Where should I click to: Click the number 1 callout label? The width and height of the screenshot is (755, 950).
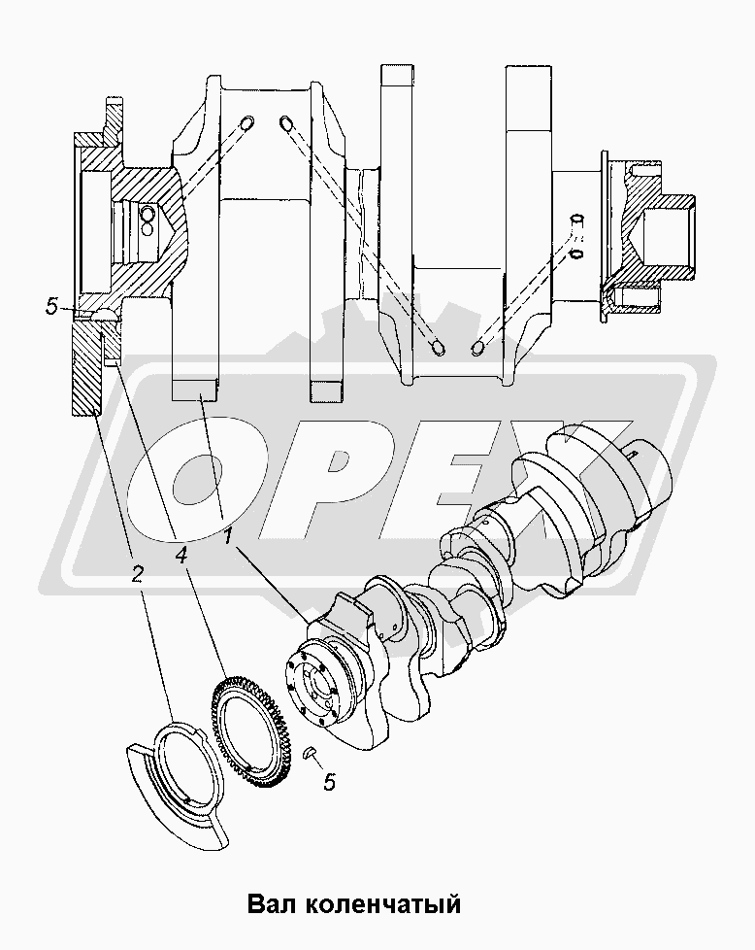coord(228,535)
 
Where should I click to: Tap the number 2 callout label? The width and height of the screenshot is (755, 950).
coord(137,573)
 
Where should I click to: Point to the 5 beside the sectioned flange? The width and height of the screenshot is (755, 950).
coord(52,307)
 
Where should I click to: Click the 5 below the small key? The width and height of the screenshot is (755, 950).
coord(329,782)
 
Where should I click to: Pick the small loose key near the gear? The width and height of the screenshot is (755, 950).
coord(309,753)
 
